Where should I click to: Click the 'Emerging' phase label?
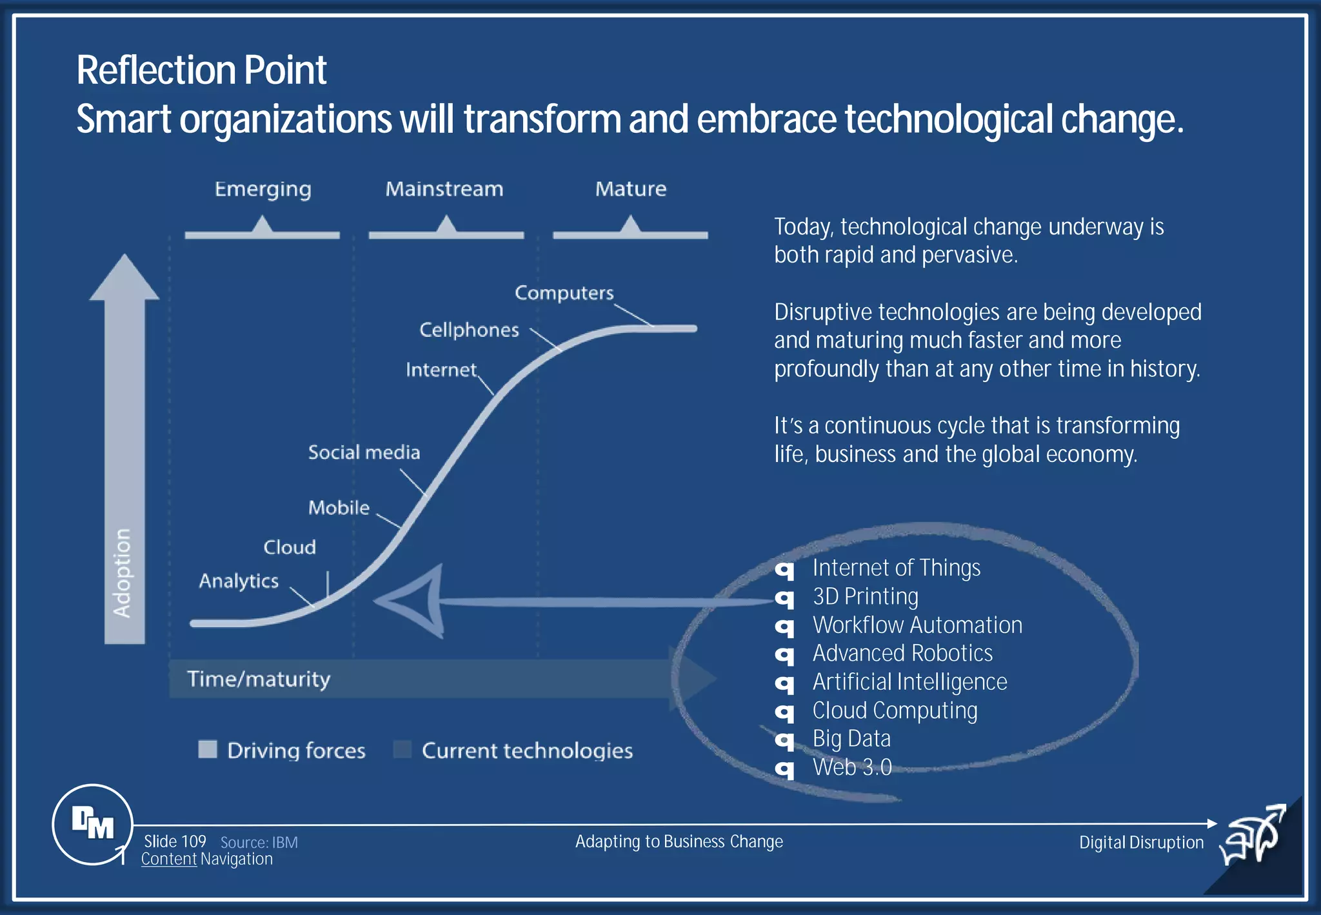pos(263,189)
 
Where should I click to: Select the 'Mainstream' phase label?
pos(444,189)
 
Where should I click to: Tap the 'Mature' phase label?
pos(630,189)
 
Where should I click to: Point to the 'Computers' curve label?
pos(564,293)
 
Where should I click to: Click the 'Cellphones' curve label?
pos(469,330)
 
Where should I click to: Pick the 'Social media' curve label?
pos(364,452)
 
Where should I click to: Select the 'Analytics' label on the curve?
pos(239,581)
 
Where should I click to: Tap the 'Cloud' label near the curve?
pos(290,547)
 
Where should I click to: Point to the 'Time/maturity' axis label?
pos(259,679)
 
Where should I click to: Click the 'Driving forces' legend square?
pos(208,749)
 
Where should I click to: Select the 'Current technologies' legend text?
pos(527,750)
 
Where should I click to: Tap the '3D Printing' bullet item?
pos(865,596)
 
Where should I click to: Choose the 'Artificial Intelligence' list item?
pos(909,682)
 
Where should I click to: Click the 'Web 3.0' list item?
pos(852,767)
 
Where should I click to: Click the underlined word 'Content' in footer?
pos(168,859)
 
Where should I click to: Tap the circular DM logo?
pos(92,824)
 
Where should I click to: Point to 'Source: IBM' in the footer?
pos(259,842)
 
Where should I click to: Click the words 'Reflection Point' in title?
pos(201,70)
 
